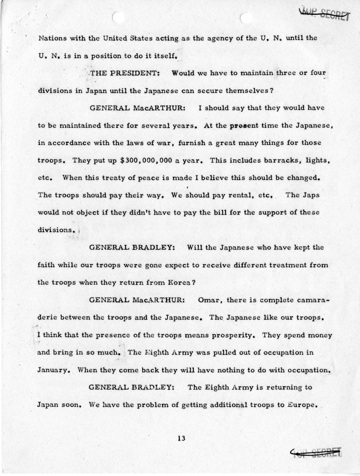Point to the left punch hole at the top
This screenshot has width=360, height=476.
[x=118, y=18]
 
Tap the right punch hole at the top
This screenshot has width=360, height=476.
[x=247, y=18]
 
